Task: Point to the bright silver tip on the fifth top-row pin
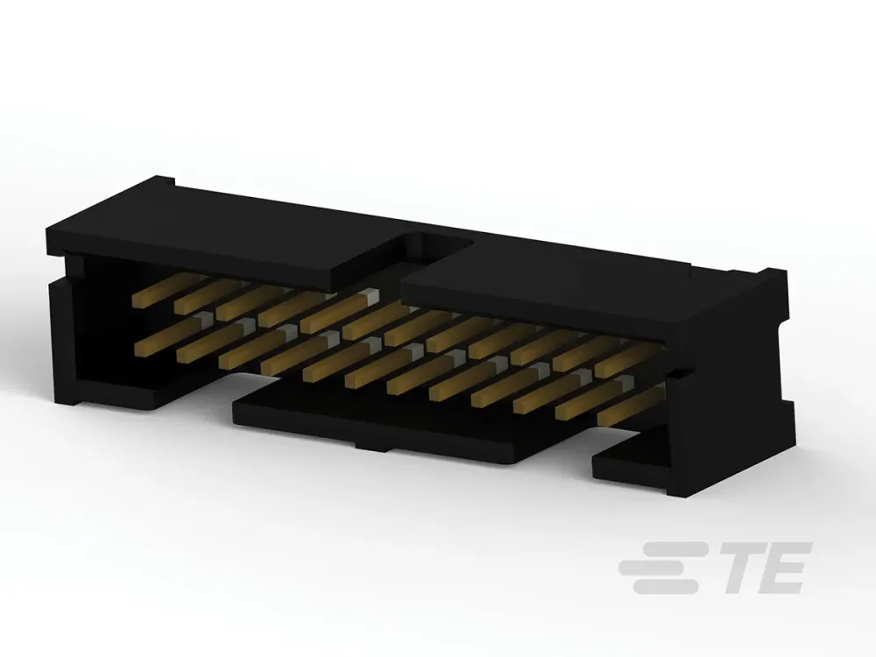(370, 295)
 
